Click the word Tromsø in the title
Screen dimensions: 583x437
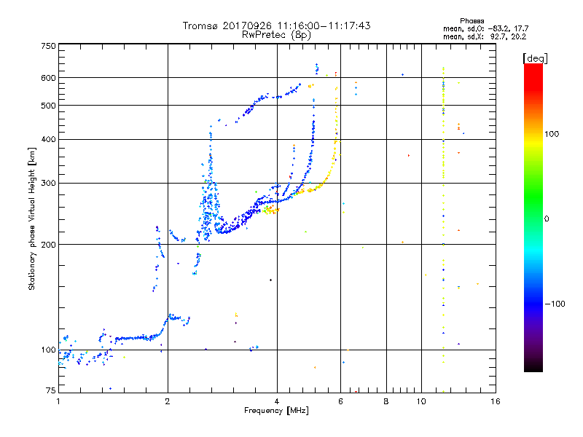pos(200,26)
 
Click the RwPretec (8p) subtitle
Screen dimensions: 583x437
pos(276,35)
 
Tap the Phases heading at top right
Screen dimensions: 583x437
pos(472,21)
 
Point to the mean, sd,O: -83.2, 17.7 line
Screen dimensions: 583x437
pos(485,28)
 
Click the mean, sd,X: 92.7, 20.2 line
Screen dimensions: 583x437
pos(485,36)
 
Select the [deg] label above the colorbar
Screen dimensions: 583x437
pos(535,58)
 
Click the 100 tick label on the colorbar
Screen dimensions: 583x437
pos(552,134)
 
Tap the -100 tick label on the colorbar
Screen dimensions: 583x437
pos(555,304)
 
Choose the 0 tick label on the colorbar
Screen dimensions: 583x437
pos(547,219)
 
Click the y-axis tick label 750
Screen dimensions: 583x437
pos(49,46)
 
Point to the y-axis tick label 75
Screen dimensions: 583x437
pos(51,390)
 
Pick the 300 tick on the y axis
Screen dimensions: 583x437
pos(49,183)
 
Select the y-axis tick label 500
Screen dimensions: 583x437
pos(49,106)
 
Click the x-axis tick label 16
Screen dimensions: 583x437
pos(496,401)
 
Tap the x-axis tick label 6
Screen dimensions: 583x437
pos(340,401)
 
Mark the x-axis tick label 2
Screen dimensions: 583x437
pos(168,401)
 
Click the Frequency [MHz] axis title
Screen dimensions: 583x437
pos(276,411)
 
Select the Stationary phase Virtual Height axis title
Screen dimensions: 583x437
pos(32,219)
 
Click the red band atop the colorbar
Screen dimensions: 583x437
pos(533,74)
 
